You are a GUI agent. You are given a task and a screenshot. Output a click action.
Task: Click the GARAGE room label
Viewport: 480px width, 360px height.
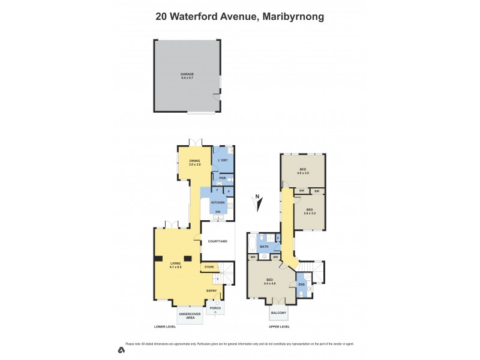click(187, 74)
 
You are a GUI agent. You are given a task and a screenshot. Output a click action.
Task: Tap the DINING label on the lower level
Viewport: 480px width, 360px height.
click(194, 161)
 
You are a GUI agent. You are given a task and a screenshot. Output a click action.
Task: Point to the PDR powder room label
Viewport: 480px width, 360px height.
click(222, 178)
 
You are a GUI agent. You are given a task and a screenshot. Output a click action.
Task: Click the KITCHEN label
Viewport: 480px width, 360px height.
click(218, 203)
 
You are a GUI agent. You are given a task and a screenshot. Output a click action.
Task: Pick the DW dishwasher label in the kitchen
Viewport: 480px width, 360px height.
click(218, 212)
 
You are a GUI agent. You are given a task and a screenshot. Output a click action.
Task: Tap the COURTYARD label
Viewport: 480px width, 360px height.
click(217, 241)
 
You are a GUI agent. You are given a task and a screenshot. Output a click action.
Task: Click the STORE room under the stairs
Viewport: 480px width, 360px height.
click(209, 266)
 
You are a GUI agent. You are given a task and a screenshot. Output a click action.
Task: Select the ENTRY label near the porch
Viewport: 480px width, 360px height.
click(212, 291)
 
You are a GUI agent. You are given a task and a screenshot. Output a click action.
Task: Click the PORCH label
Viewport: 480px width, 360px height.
click(215, 308)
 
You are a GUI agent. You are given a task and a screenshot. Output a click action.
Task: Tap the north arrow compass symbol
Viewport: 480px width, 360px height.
click(259, 204)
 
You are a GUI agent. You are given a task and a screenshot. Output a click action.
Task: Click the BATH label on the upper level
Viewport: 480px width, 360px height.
click(264, 247)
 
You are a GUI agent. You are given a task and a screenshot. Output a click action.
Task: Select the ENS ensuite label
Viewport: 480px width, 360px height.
click(302, 284)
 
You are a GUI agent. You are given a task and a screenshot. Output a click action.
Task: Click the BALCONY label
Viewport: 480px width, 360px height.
click(278, 313)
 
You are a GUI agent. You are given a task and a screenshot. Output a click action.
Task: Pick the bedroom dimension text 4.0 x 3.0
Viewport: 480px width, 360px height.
click(303, 173)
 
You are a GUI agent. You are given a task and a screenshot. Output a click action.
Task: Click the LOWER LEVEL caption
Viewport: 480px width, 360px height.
click(165, 327)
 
